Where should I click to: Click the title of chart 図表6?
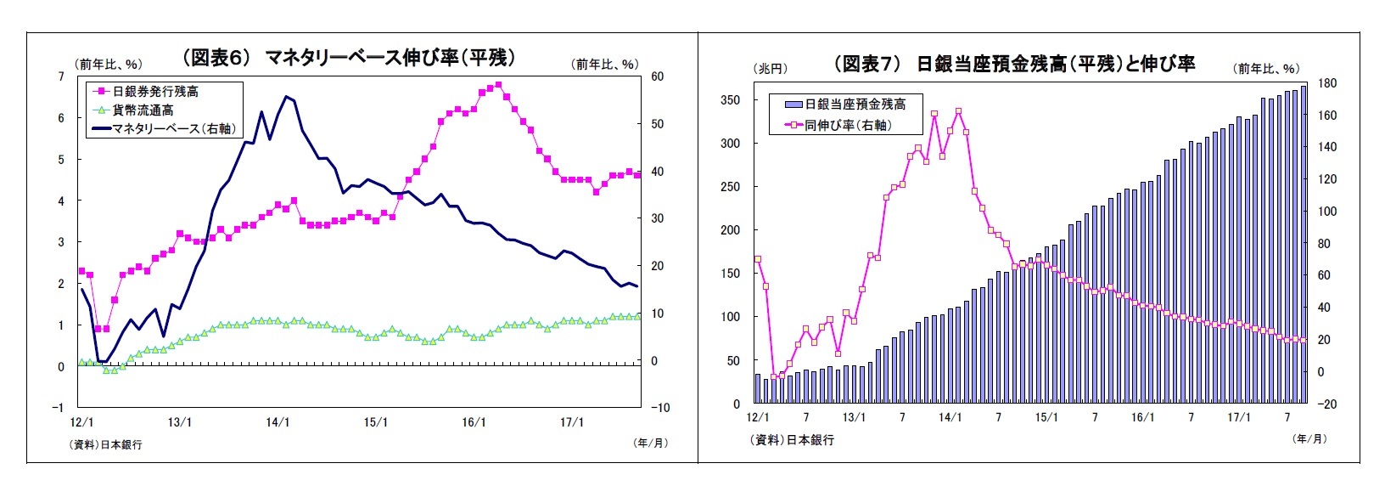coord(349,58)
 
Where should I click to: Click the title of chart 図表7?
coord(1014,64)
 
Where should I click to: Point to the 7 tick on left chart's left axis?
coord(60,76)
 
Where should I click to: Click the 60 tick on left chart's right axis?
coord(657,76)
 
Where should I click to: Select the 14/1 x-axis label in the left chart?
coord(278,422)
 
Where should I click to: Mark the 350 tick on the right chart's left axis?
coord(730,100)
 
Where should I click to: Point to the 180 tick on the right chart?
coord(1326,83)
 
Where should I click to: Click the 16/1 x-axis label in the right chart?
coord(1142,417)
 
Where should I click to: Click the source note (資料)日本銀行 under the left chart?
coord(106,444)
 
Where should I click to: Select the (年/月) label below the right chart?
coord(1308,438)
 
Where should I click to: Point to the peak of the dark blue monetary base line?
coord(286,97)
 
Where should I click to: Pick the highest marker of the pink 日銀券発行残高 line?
coord(498,85)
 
